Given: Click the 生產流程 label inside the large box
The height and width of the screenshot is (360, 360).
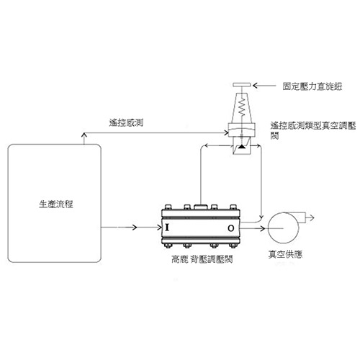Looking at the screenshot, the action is click(x=56, y=204).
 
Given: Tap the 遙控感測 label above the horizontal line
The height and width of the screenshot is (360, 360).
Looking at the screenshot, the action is click(x=126, y=122).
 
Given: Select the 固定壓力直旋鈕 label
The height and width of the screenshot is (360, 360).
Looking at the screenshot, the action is click(x=312, y=86).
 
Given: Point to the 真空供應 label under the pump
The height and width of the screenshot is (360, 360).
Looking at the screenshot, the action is click(x=285, y=254).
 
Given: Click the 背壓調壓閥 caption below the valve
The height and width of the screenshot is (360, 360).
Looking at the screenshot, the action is click(x=212, y=259).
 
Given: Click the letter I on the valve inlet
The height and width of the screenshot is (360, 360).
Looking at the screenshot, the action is click(x=167, y=228).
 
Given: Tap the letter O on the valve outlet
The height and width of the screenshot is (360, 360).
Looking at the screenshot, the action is click(x=231, y=228).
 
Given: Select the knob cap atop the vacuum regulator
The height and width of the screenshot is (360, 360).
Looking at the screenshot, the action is click(x=242, y=85).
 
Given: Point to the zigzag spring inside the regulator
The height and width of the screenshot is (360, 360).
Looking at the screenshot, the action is click(x=242, y=107).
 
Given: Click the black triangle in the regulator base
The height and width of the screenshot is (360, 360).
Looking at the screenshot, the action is click(x=241, y=146).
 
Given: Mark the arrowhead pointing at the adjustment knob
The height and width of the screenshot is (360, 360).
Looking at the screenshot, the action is click(x=256, y=85).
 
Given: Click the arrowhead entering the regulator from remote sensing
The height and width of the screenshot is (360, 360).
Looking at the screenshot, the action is click(x=226, y=132).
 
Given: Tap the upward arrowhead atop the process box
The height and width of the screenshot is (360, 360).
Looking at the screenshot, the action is click(x=84, y=135).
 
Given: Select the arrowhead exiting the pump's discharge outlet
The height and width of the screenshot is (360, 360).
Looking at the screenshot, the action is click(x=312, y=218).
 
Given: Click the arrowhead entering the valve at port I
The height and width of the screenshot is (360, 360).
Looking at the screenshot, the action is click(x=159, y=228).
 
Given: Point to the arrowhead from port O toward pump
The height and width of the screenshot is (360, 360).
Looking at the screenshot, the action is click(x=262, y=228).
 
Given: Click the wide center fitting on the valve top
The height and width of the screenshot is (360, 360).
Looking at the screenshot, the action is click(x=201, y=207).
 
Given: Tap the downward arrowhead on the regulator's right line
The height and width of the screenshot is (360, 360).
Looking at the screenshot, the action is click(x=261, y=216).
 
